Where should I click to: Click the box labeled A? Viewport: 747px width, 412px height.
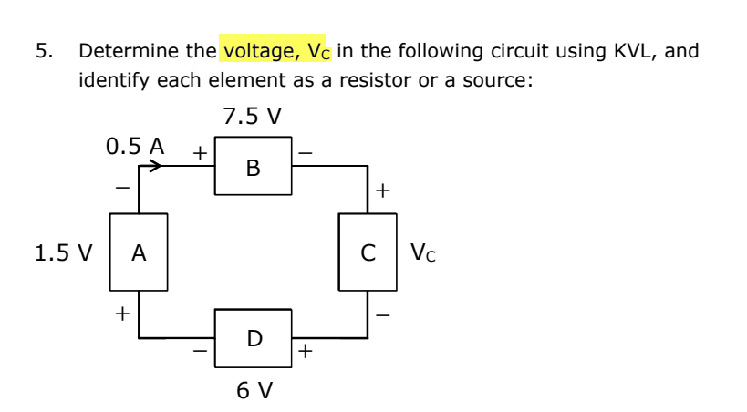(139, 252)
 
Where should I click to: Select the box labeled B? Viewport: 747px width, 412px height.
(253, 168)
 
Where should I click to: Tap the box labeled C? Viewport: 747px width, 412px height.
(368, 252)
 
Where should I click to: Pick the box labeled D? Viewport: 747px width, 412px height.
(253, 338)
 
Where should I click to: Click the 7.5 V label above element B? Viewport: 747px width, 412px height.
(252, 117)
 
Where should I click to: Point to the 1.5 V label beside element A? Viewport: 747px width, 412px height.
(63, 252)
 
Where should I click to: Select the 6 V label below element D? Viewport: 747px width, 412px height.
(254, 390)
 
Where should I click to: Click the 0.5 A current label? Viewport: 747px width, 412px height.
(135, 145)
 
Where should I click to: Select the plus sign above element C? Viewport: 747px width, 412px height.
(383, 191)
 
